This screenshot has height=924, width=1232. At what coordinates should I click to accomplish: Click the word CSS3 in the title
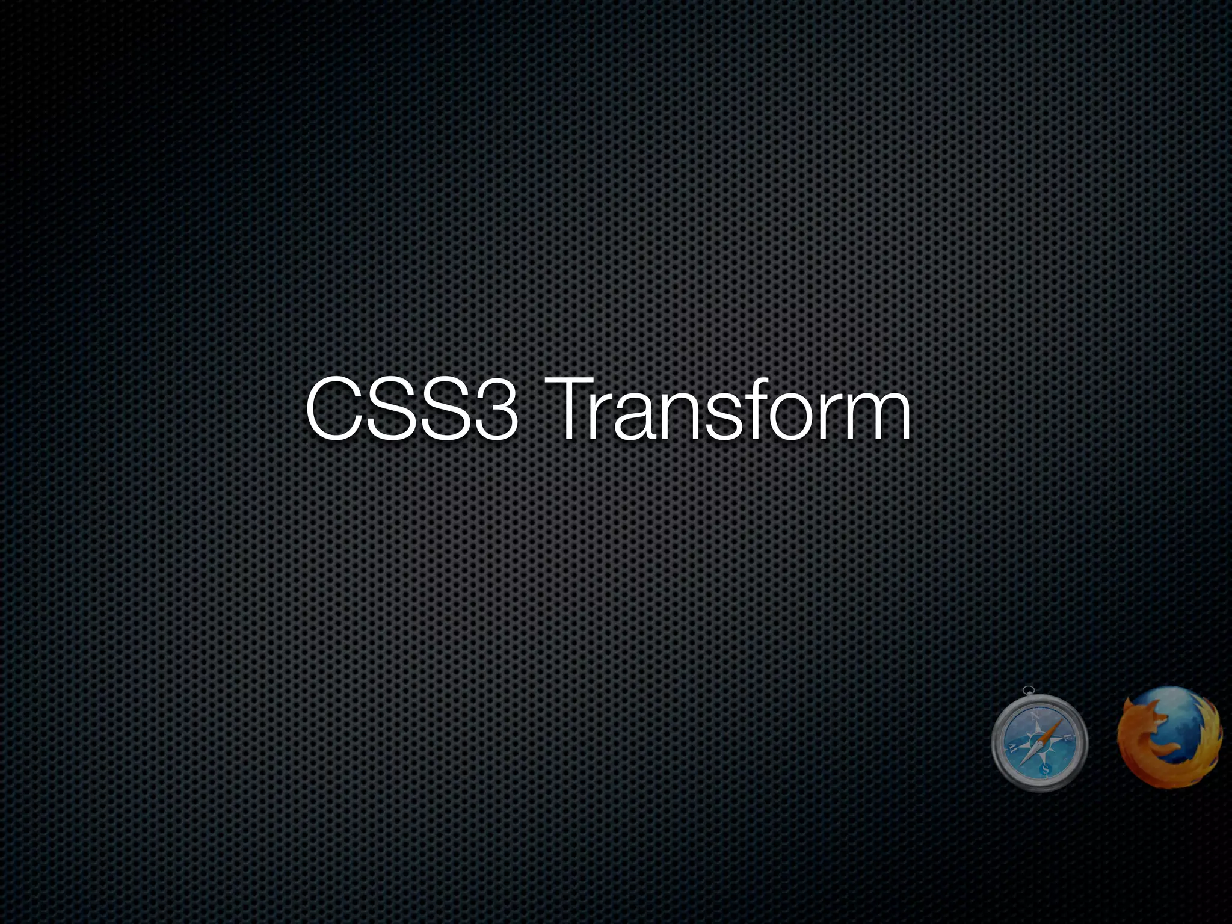click(411, 408)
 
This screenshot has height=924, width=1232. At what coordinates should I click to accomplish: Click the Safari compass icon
click(1039, 742)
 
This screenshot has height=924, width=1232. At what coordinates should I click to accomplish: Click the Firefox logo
click(1169, 738)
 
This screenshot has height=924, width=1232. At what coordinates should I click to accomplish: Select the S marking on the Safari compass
click(1045, 769)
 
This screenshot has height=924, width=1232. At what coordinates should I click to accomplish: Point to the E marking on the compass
click(1068, 738)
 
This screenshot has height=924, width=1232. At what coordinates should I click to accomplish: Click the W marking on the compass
click(1013, 748)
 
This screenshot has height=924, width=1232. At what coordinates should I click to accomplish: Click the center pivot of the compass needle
click(1041, 743)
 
